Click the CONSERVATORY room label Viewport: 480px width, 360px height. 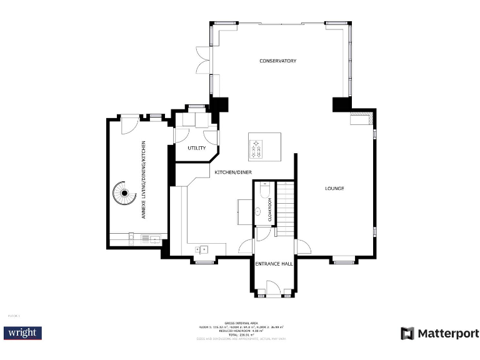click(x=277, y=61)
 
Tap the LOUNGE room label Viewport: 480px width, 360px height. click(x=334, y=188)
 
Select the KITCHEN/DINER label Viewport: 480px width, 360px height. click(x=233, y=172)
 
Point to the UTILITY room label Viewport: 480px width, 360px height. click(x=196, y=148)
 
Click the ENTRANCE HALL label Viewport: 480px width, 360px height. click(x=274, y=264)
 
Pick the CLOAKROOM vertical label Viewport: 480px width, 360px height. click(x=270, y=210)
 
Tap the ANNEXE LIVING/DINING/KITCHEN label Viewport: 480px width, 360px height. click(x=144, y=179)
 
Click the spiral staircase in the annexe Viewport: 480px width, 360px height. click(x=124, y=194)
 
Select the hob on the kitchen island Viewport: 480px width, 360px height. click(x=256, y=148)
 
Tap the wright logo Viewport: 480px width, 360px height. click(x=22, y=332)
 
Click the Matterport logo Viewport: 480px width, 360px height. click(x=439, y=333)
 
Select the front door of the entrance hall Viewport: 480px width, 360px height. click(x=273, y=289)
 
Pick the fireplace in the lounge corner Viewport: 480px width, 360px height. click(x=361, y=118)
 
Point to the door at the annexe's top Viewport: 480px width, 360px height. click(x=129, y=124)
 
